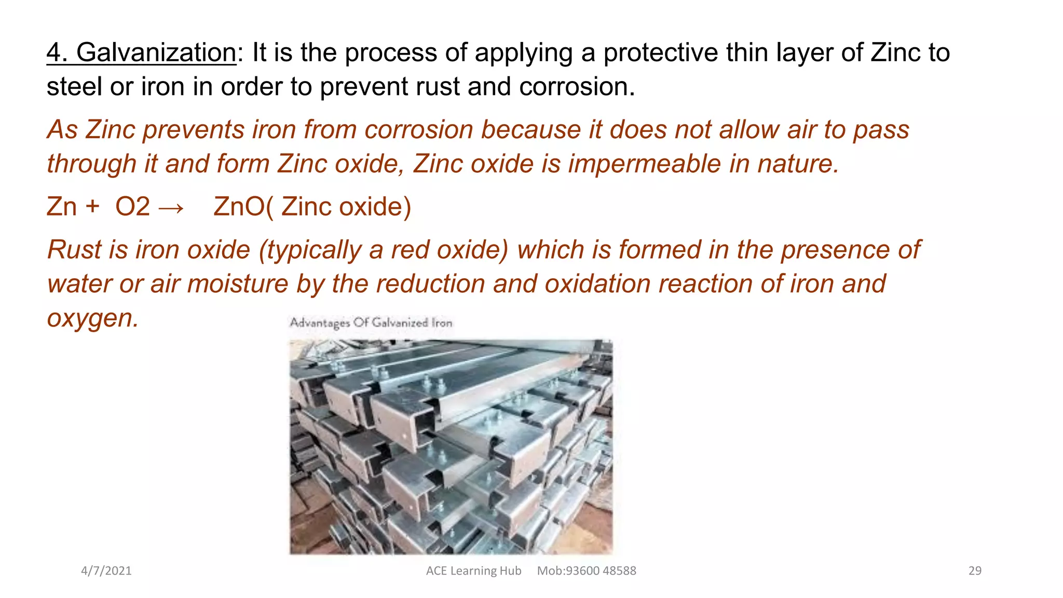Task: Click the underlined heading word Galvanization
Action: (x=156, y=52)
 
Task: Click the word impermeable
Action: (x=644, y=164)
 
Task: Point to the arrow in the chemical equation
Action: (x=171, y=207)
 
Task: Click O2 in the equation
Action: (x=132, y=207)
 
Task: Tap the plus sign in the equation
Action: (x=92, y=207)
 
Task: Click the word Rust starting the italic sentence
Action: (x=74, y=250)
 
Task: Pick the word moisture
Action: (x=237, y=284)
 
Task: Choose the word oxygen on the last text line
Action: (x=92, y=318)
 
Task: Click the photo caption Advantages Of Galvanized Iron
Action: (x=371, y=323)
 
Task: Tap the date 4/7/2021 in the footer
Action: (x=106, y=570)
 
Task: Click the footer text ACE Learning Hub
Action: (x=473, y=570)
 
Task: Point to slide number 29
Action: (x=975, y=570)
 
